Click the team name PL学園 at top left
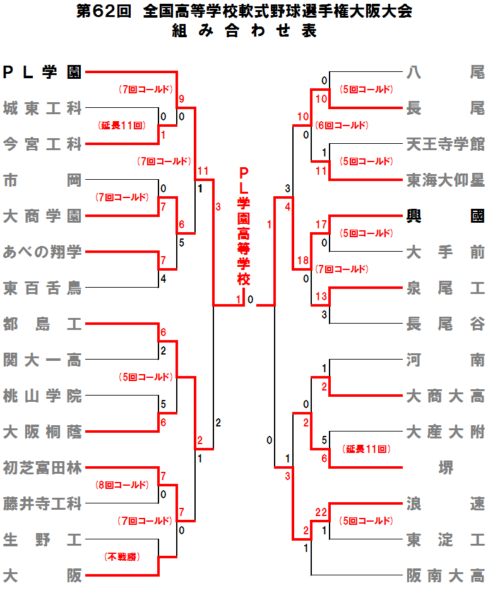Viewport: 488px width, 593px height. [x=42, y=72]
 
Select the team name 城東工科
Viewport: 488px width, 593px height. [x=42, y=109]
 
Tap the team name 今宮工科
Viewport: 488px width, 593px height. [x=42, y=144]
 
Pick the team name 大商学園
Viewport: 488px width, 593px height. [x=42, y=216]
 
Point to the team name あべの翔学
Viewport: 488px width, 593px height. [x=42, y=252]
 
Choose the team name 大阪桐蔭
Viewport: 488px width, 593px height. [x=42, y=432]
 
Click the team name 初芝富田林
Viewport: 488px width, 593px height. [x=42, y=468]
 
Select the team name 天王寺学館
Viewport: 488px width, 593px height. [x=445, y=144]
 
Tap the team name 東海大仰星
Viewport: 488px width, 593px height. [x=445, y=180]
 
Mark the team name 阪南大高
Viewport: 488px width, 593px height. [x=445, y=576]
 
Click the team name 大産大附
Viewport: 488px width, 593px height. [x=445, y=432]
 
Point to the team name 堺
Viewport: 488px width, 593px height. [x=445, y=468]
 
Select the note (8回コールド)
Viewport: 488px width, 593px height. [x=122, y=485]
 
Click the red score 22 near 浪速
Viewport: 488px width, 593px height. [x=321, y=512]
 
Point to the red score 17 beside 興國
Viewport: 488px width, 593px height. [x=321, y=225]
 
